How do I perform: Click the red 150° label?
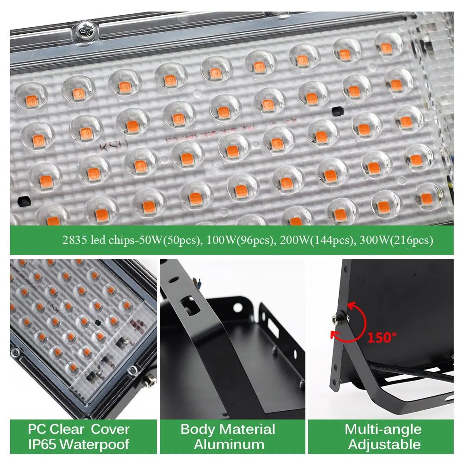pos(382,337)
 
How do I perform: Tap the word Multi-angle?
pos(383,429)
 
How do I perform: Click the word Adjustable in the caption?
pos(384,445)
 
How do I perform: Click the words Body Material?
pos(228,429)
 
